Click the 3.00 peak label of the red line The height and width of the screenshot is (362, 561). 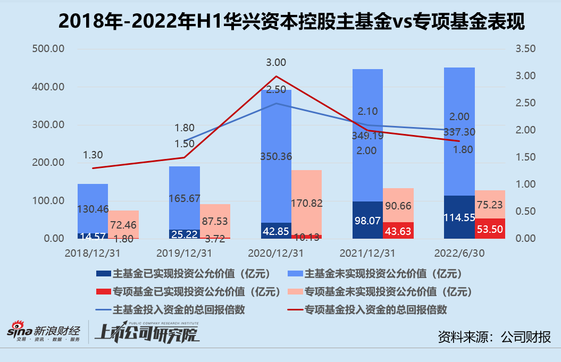point(276,63)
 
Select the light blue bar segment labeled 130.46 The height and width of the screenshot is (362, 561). point(93,208)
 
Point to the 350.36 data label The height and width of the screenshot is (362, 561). point(276,156)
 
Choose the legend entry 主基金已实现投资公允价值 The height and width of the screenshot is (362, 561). point(184,274)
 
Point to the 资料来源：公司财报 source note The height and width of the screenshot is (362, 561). point(494,336)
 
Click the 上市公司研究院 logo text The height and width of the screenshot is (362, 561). point(146,333)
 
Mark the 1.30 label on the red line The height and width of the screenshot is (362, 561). point(93,155)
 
